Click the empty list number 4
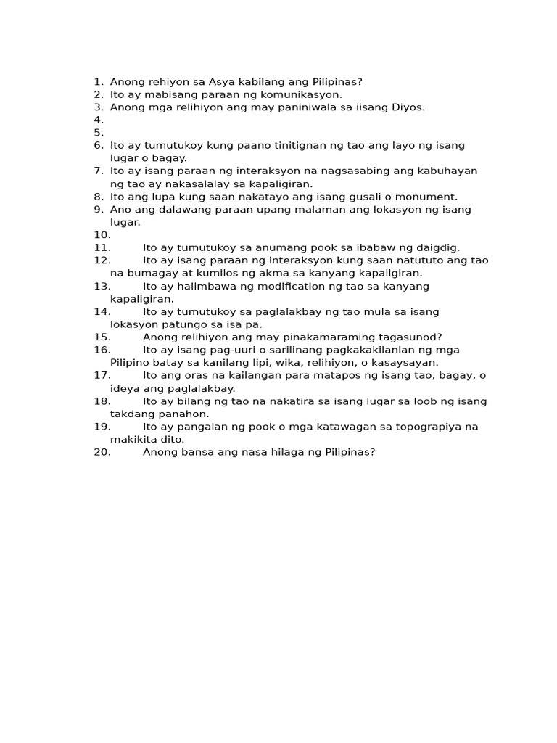pos(99,120)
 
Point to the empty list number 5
pos(99,133)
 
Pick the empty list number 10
pos(102,235)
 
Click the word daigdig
pos(434,247)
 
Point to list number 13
pos(102,286)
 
